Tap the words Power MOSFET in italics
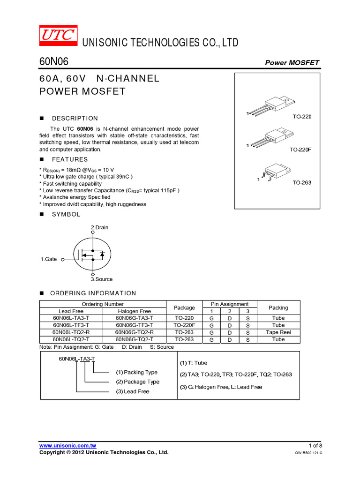(292, 63)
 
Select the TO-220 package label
(302, 116)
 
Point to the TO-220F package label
(300, 150)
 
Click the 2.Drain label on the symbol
(99, 227)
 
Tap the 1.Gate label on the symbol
(49, 259)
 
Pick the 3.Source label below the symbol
(102, 279)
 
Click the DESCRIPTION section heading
(75, 119)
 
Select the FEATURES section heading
(70, 160)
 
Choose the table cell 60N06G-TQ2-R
(134, 332)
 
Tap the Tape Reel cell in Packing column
(278, 332)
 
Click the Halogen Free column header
(134, 311)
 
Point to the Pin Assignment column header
(230, 304)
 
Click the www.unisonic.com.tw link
(68, 445)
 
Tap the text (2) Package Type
(138, 382)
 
